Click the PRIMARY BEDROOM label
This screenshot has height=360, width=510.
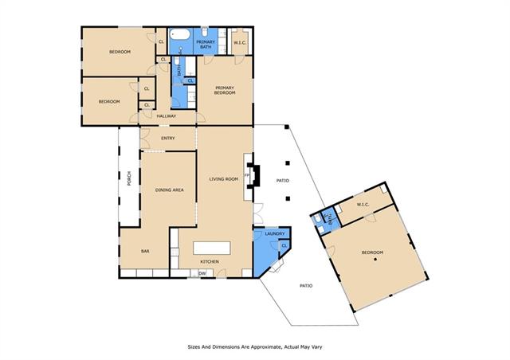225,91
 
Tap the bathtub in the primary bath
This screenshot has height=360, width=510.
179,34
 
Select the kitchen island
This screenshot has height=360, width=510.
212,248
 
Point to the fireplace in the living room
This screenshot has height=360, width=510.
253,176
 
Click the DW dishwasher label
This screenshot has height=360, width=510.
202,273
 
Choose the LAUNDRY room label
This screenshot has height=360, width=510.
274,234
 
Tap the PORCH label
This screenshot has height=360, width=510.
129,178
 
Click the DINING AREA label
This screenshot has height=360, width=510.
170,190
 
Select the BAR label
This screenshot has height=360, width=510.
145,252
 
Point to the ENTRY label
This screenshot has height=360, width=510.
168,139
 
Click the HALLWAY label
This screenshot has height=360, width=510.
167,116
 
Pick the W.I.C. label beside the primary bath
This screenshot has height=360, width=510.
240,42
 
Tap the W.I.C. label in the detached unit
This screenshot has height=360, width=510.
363,205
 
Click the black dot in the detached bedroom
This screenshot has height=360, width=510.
375,259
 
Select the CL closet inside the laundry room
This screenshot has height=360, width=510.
284,245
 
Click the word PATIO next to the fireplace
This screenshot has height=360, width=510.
282,181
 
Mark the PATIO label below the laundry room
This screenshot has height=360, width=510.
306,286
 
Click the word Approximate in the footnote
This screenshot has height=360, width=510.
261,347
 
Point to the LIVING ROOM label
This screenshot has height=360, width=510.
224,179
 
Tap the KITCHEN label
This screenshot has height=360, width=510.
210,262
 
